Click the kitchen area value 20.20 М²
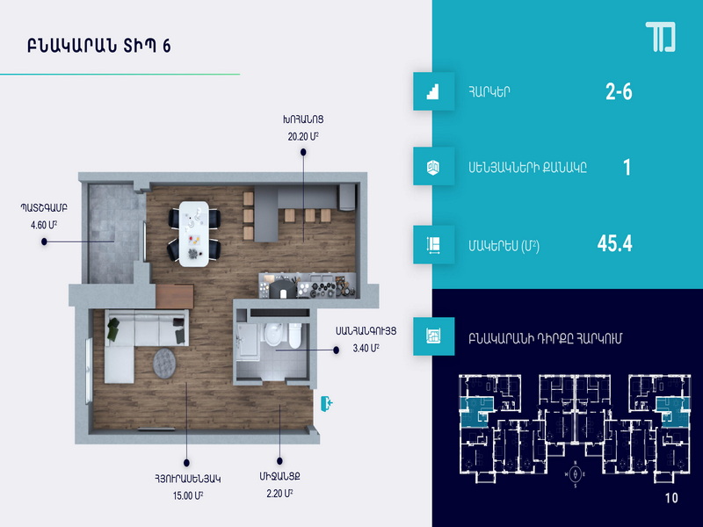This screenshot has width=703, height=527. tap(303, 136)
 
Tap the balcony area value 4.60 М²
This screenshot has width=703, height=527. tap(44, 225)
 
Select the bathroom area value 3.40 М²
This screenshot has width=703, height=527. tap(366, 348)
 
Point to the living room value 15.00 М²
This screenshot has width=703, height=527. tap(188, 495)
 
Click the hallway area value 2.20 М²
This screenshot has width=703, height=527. tap(279, 494)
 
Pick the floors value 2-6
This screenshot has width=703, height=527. tap(619, 91)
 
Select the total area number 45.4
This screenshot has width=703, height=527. tap(614, 243)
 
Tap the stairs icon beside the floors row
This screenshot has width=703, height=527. tap(433, 91)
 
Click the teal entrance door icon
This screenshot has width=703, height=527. tap(326, 403)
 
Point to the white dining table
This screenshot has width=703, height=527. tap(193, 234)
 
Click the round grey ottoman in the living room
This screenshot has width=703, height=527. tap(164, 363)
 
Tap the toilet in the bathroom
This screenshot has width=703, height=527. tap(294, 336)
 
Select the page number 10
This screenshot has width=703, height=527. tap(671, 498)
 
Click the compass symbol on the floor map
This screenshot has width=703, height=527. tap(576, 473)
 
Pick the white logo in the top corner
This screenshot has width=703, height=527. tap(661, 37)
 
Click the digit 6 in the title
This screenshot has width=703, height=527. tap(167, 47)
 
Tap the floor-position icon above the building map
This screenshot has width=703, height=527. tap(433, 336)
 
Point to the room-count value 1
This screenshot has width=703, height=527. tap(627, 168)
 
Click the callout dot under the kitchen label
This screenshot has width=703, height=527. tap(303, 152)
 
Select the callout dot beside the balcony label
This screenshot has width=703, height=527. tap(44, 242)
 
